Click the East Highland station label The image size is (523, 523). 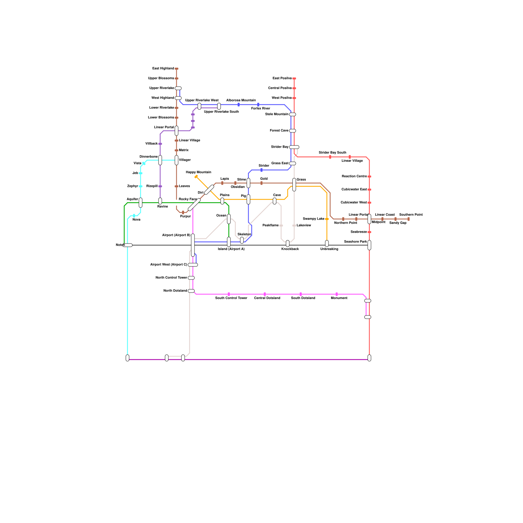click(x=163, y=69)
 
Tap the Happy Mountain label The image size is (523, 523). click(x=198, y=172)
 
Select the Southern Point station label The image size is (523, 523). click(x=411, y=215)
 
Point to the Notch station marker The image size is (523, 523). click(x=127, y=245)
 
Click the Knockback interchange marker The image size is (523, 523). click(x=288, y=244)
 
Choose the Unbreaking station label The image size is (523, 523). click(x=329, y=249)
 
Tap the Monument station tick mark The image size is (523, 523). click(x=337, y=294)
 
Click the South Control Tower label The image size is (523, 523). click(x=231, y=298)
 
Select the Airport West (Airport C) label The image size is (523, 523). click(x=169, y=265)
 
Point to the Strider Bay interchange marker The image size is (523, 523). click(x=294, y=147)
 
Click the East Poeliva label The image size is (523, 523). click(x=282, y=78)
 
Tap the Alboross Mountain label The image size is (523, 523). click(x=241, y=100)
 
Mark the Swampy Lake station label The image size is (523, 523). click(x=313, y=219)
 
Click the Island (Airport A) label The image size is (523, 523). click(x=231, y=249)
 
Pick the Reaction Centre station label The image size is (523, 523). click(x=354, y=177)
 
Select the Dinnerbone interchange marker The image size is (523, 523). click(x=160, y=160)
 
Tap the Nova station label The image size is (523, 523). click(x=136, y=220)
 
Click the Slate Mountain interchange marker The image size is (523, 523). click(x=293, y=114)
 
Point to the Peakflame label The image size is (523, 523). click(x=270, y=226)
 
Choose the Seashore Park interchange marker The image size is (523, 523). click(x=369, y=245)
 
